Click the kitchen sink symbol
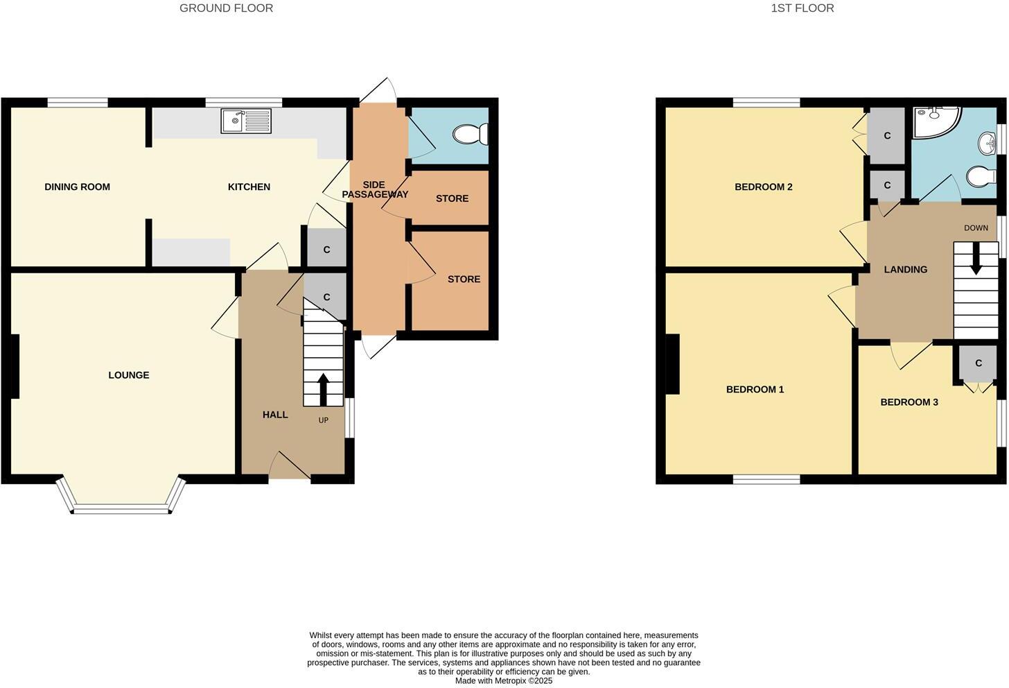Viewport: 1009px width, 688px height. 246,121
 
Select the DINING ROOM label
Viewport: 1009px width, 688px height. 77,187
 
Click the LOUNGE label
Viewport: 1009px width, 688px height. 129,375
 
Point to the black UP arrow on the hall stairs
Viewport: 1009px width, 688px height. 323,389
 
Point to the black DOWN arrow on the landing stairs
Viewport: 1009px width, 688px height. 976,263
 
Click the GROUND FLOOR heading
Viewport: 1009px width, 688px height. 226,8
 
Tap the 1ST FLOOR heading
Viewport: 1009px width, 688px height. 802,8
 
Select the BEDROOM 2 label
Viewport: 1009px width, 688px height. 763,187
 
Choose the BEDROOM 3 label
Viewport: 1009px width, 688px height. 909,402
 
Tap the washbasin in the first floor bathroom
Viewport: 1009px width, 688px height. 987,145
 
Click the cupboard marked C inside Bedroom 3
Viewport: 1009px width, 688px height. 978,363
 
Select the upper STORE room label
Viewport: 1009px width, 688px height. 452,198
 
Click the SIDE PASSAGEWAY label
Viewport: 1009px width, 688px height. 374,189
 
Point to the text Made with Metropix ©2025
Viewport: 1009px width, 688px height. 503,681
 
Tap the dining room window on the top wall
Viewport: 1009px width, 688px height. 78,103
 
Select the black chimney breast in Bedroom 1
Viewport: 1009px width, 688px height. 672,364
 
